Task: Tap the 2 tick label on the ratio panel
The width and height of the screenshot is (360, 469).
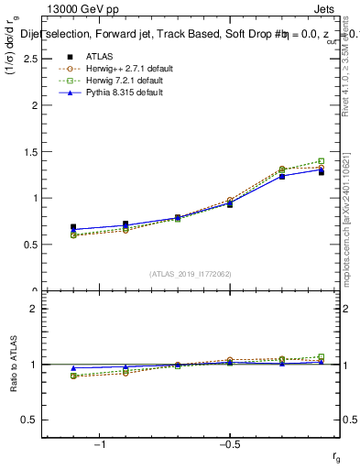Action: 33,309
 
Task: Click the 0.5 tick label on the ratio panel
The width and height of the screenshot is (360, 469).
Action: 28,420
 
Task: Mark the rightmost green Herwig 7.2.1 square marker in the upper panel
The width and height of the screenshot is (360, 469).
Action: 321,161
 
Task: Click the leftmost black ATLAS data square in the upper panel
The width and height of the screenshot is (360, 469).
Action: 73,227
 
